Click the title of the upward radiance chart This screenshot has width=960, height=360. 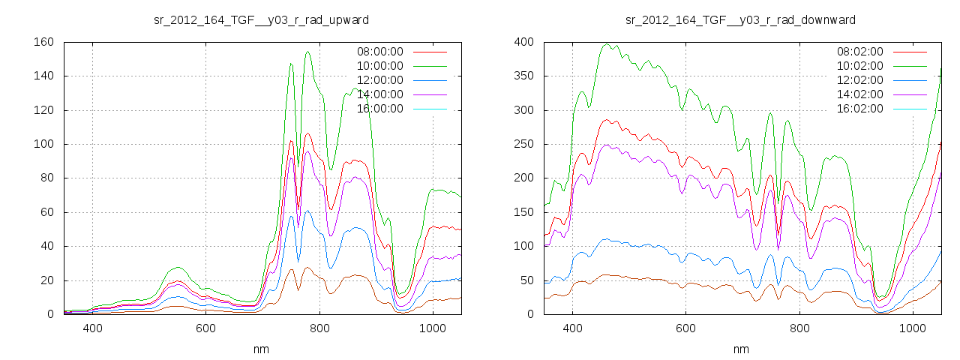point(261,19)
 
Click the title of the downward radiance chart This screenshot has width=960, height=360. point(741,19)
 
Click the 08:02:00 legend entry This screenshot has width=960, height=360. point(859,52)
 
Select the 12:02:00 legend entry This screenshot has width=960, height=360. point(859,80)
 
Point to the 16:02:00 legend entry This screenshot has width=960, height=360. point(859,109)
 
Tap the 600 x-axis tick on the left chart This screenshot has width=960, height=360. point(205,328)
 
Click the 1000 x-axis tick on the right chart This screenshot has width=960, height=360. point(912,328)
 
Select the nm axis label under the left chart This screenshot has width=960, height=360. point(261,349)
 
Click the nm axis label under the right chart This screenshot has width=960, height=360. point(741,349)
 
